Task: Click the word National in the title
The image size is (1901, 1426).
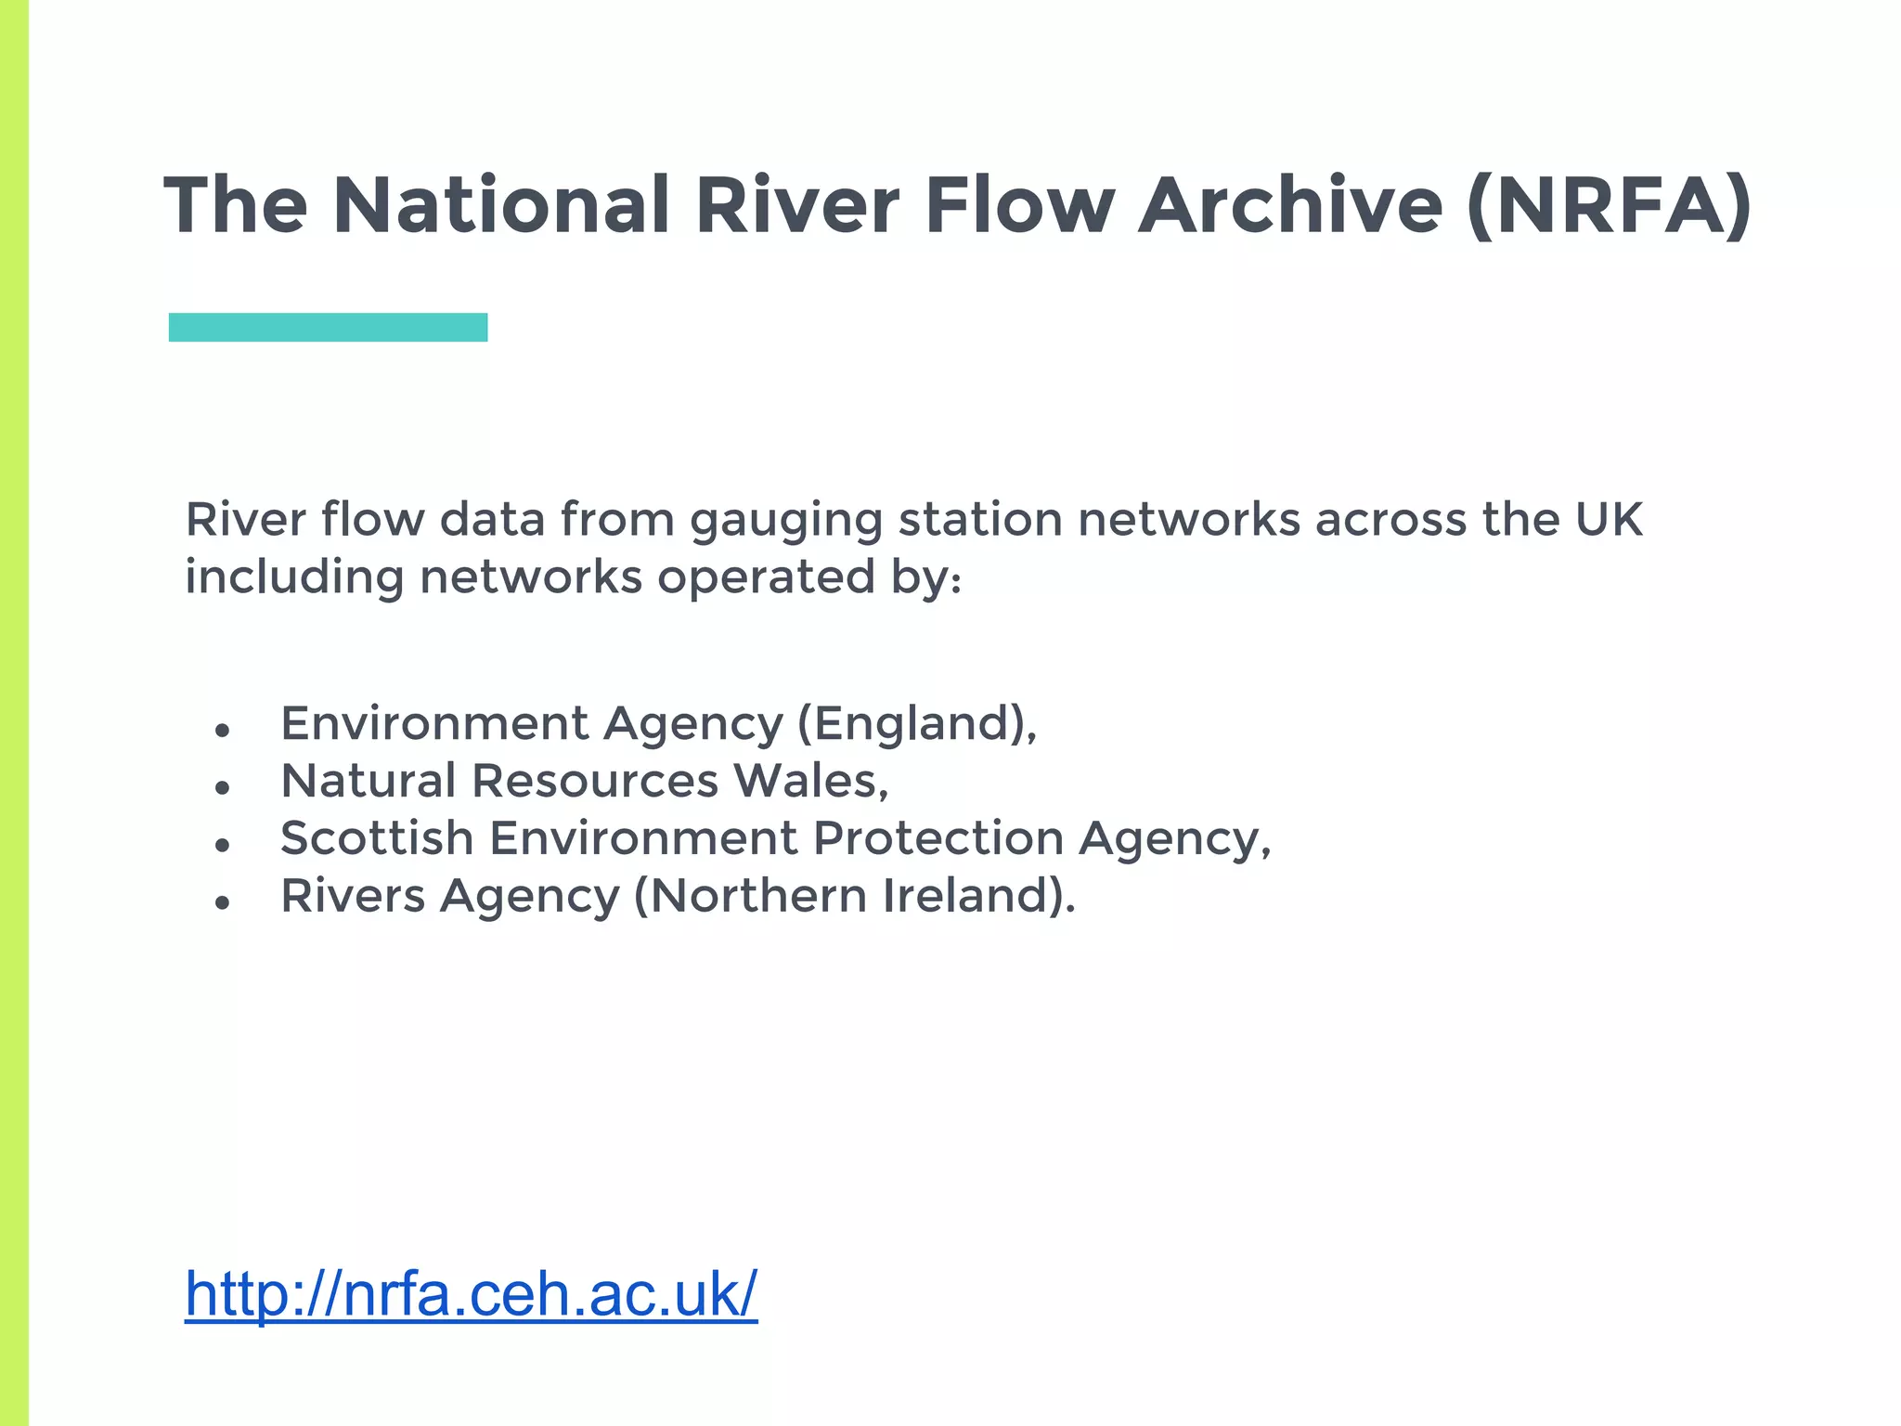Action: [x=500, y=205]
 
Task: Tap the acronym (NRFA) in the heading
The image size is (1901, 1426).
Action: [x=1610, y=205]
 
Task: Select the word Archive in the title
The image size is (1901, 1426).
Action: [x=1290, y=205]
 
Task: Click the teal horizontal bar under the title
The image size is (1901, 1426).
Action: [x=328, y=327]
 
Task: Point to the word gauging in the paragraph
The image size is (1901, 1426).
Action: [x=785, y=520]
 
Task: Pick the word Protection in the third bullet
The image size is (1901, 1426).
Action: [x=938, y=837]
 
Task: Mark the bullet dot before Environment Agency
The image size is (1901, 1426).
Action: [x=221, y=731]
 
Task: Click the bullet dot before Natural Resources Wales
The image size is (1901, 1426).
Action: [x=221, y=788]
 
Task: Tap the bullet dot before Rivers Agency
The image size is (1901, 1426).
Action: [x=221, y=902]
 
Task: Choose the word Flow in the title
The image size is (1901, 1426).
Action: [x=1019, y=205]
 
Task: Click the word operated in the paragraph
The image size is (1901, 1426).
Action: [x=766, y=577]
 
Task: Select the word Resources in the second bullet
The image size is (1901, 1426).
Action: [x=595, y=780]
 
